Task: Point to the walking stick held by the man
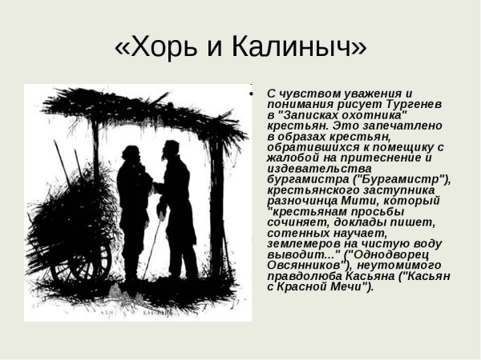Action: click(152, 240)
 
